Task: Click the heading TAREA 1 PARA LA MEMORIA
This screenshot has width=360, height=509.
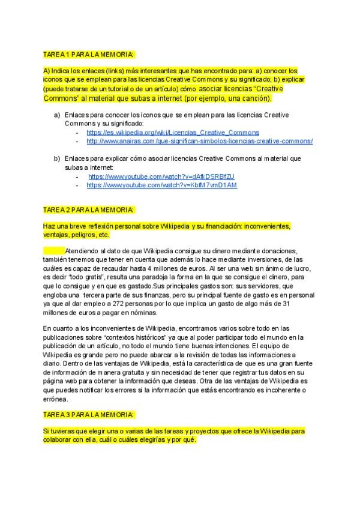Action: [x=89, y=54]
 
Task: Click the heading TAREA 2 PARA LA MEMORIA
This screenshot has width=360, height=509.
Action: [x=89, y=209]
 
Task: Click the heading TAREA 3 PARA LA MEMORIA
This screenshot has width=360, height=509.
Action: [x=89, y=414]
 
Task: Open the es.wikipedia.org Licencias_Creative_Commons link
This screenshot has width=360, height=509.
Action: [x=173, y=132]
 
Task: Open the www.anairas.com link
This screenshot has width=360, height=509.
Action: [x=199, y=141]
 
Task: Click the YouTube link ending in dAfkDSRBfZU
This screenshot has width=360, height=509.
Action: [x=161, y=176]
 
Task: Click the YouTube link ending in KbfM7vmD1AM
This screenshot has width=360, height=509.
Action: [x=162, y=185]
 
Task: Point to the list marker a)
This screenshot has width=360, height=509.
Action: [x=57, y=115]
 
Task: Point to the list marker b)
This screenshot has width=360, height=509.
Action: [x=57, y=158]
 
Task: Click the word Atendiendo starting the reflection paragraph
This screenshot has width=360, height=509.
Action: [x=85, y=250]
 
